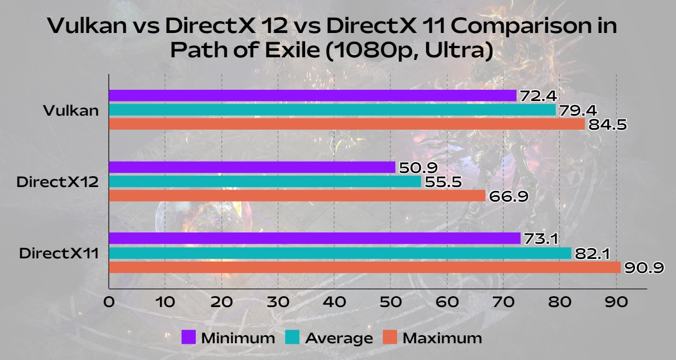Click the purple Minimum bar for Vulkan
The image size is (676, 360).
313,96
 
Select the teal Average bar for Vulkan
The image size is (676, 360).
332,110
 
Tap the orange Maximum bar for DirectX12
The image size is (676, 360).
297,196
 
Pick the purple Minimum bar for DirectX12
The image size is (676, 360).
252,168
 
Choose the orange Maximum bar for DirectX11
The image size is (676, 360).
364,267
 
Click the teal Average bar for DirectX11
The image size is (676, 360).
340,253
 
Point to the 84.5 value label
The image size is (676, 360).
607,125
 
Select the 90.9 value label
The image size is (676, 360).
644,268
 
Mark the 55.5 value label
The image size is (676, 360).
442,182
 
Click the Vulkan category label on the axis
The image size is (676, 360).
71,111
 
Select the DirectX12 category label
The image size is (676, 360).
57,182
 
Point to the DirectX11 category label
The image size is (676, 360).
59,253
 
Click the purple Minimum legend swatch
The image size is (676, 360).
188,338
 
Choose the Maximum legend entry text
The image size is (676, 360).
442,338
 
